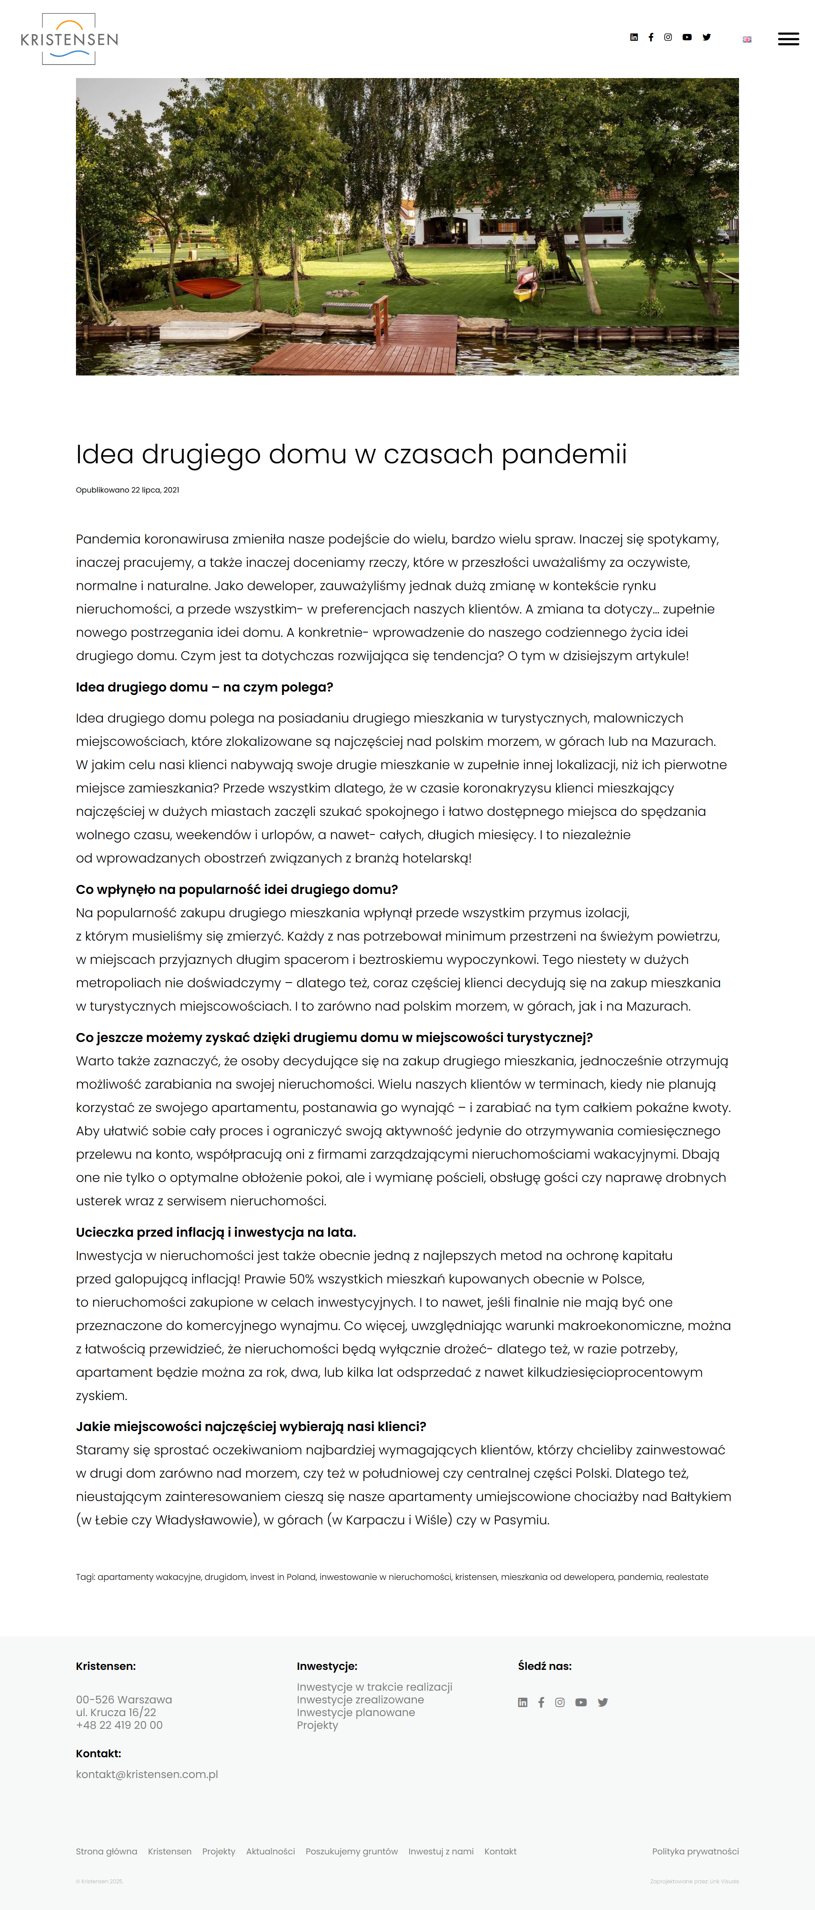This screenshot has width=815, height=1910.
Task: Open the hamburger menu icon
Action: [787, 39]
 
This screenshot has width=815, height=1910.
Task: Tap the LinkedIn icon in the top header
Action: [633, 37]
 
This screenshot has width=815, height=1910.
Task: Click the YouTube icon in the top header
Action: [687, 37]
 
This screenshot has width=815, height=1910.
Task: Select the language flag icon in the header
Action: [747, 39]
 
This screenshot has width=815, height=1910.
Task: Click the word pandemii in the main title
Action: [564, 454]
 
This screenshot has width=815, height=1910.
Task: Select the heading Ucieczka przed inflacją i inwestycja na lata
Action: [216, 1232]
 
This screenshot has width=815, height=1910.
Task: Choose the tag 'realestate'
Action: [687, 1577]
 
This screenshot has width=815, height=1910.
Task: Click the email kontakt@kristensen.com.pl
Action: [147, 1774]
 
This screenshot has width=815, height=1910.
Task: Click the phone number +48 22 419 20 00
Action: [119, 1725]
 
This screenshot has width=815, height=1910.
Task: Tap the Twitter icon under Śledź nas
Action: [603, 1703]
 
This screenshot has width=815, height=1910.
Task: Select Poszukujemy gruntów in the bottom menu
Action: [351, 1851]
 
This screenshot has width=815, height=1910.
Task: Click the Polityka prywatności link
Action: [695, 1851]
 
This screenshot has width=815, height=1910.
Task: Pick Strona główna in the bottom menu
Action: [106, 1851]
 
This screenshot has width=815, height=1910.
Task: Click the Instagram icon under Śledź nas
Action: [560, 1703]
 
